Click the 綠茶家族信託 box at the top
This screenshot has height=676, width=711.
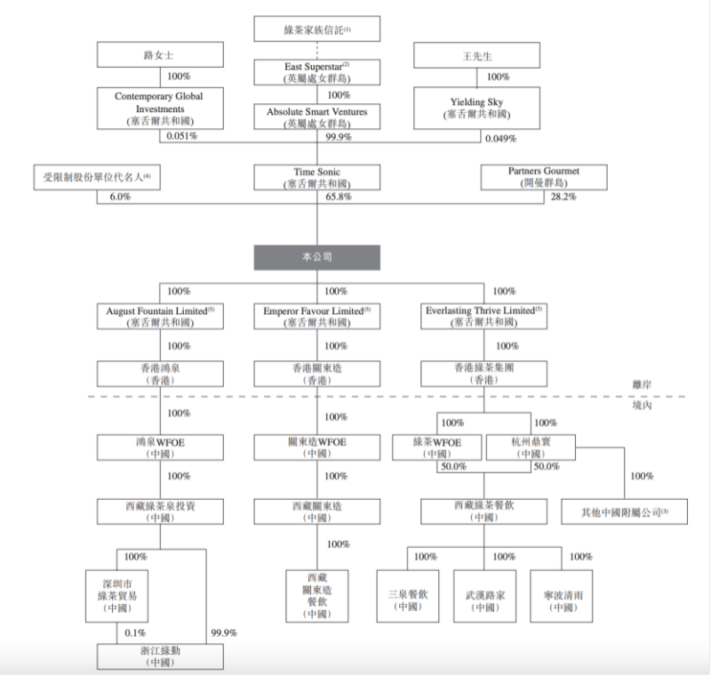[316, 29]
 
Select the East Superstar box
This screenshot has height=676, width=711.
[316, 71]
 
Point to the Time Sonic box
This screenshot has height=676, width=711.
[316, 177]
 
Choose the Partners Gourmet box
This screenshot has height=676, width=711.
[532, 177]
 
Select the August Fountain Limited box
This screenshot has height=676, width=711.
[160, 318]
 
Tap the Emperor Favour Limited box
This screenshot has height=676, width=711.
[316, 318]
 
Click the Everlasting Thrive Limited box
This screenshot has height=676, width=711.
[482, 318]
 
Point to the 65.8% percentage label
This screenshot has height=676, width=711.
[337, 197]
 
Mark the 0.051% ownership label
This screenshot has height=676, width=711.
[181, 138]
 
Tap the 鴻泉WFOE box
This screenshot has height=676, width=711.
[160, 447]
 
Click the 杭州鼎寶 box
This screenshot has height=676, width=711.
[531, 447]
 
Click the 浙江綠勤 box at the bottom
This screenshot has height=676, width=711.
[160, 656]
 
